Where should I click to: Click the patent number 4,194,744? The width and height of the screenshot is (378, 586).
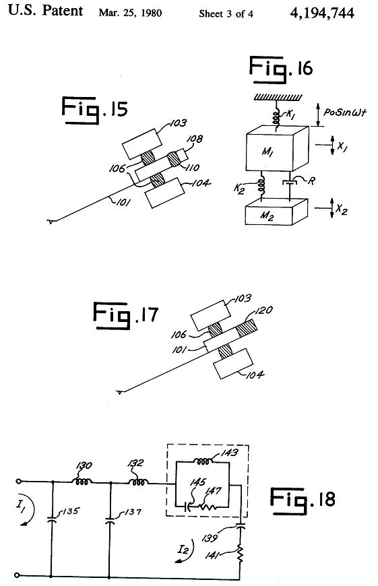pyautogui.click(x=321, y=13)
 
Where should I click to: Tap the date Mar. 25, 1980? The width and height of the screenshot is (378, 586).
pyautogui.click(x=130, y=13)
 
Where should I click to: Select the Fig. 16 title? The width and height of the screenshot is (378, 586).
pyautogui.click(x=280, y=69)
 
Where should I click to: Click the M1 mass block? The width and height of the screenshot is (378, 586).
pyautogui.click(x=277, y=148)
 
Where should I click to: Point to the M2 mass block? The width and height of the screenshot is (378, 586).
pyautogui.click(x=276, y=212)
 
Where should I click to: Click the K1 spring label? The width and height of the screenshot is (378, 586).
pyautogui.click(x=291, y=115)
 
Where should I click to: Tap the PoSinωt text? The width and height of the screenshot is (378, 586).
pyautogui.click(x=345, y=112)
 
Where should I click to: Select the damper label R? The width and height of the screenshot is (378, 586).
pyautogui.click(x=311, y=181)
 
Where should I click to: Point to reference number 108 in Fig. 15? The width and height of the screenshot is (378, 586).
pyautogui.click(x=195, y=139)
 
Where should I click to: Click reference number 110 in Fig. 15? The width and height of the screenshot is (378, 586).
pyautogui.click(x=193, y=168)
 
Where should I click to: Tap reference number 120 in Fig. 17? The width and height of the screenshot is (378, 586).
pyautogui.click(x=264, y=311)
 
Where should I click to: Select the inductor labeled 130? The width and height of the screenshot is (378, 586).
pyautogui.click(x=82, y=482)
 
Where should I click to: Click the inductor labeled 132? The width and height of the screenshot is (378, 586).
pyautogui.click(x=138, y=482)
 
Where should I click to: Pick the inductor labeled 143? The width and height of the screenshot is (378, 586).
pyautogui.click(x=203, y=461)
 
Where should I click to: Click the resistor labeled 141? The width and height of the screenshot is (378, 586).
pyautogui.click(x=240, y=553)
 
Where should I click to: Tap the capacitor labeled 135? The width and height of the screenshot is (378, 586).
pyautogui.click(x=52, y=520)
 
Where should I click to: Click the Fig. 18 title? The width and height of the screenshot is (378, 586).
pyautogui.click(x=303, y=500)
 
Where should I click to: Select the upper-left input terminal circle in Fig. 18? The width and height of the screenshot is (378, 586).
pyautogui.click(x=17, y=482)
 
